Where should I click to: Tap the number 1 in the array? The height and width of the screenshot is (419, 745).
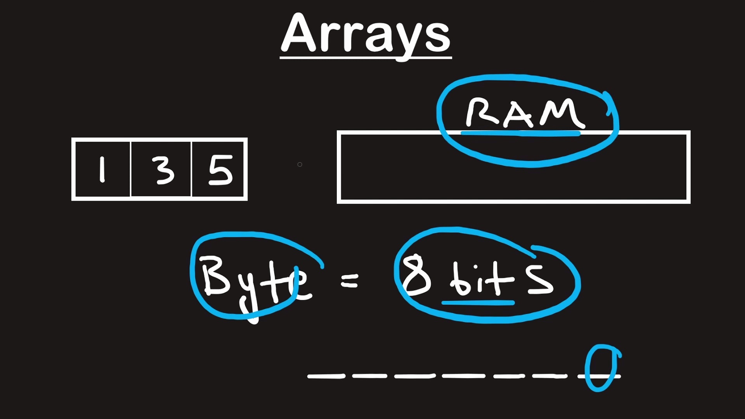[x=102, y=169]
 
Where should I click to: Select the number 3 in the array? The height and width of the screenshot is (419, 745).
[x=165, y=170]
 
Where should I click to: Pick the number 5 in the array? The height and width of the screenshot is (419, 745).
[x=220, y=170]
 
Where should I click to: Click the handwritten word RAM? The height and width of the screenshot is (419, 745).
[x=525, y=113]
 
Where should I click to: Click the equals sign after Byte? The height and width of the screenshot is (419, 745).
[x=350, y=281]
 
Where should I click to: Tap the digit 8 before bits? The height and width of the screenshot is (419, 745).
[x=416, y=275]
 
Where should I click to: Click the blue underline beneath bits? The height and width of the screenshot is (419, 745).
[x=478, y=302]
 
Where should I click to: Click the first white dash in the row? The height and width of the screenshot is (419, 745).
[x=326, y=376]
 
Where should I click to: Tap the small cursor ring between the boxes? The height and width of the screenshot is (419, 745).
[x=300, y=164]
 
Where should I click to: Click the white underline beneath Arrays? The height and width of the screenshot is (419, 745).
[x=366, y=58]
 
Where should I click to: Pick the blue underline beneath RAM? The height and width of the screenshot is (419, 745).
[x=520, y=133]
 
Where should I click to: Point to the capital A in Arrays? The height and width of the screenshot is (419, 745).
[x=298, y=34]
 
